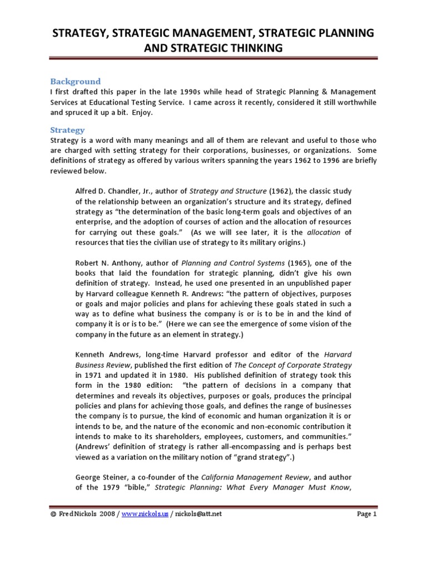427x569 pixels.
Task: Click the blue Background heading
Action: click(76, 81)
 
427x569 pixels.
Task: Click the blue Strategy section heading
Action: click(67, 130)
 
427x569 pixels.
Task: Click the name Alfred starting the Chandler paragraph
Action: click(87, 191)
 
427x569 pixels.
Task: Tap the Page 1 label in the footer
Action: click(366, 515)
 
